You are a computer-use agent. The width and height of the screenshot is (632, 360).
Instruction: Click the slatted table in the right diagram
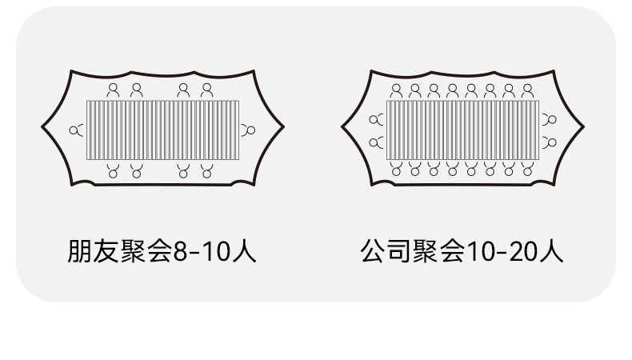[x=462, y=130]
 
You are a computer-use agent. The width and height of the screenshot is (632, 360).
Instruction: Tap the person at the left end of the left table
[x=77, y=130]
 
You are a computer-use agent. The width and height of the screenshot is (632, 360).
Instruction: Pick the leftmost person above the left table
[x=114, y=90]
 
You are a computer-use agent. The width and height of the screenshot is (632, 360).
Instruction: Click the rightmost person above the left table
[x=207, y=90]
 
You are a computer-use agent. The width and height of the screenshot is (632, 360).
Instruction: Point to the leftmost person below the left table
[x=114, y=170]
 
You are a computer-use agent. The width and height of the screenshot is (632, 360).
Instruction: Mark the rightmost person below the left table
[x=207, y=170]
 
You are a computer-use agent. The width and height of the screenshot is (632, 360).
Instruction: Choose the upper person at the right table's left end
[x=376, y=120]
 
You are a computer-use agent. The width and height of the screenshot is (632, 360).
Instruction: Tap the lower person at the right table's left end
[x=376, y=142]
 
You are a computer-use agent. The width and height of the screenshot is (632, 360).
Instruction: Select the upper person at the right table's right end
[x=550, y=120]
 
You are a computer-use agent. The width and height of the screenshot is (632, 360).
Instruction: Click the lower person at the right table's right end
[x=550, y=142]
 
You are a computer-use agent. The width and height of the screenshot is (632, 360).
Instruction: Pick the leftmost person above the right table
[x=396, y=90]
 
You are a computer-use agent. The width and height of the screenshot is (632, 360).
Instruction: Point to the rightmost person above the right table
[x=528, y=90]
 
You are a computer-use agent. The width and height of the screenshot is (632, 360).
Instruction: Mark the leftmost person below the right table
[x=396, y=169]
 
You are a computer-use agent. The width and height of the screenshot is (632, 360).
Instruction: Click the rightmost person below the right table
[x=528, y=169]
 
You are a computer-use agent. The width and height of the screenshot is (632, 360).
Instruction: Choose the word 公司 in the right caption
[x=385, y=252]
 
